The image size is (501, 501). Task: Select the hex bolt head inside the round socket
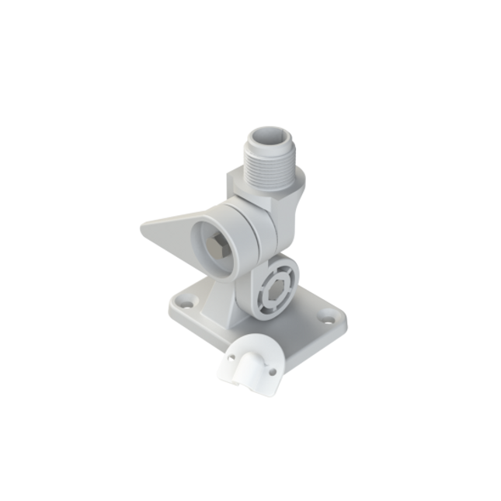218,249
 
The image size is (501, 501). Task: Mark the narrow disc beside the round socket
261,233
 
